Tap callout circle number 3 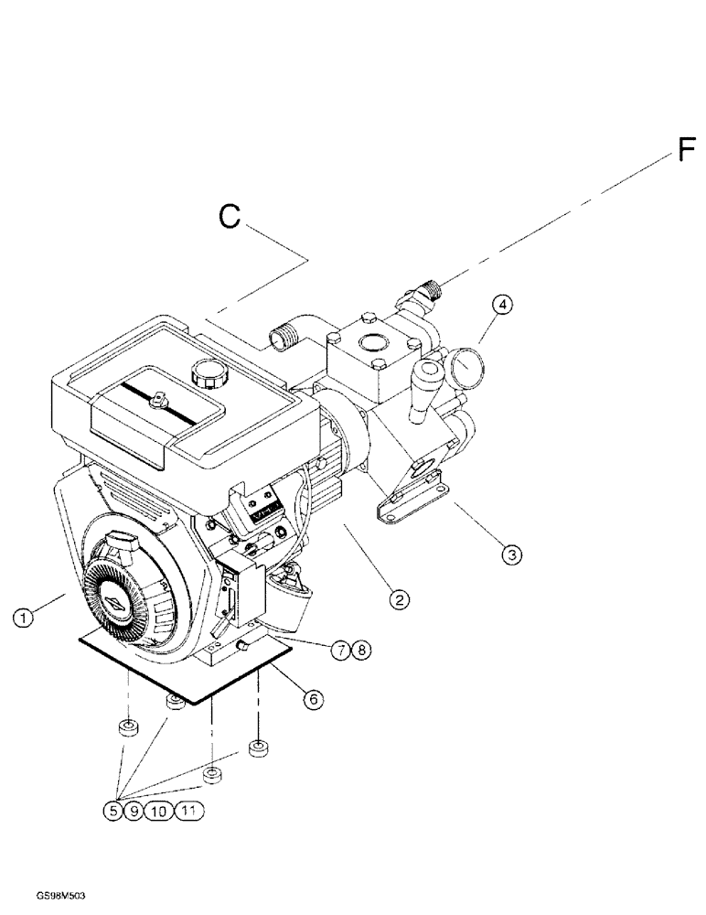coord(511,554)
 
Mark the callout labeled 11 coord(187,811)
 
